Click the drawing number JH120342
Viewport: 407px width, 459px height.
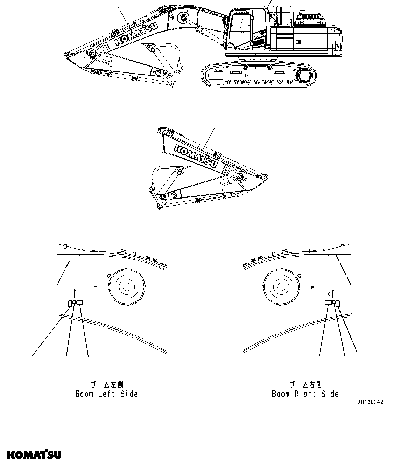[x=370, y=402]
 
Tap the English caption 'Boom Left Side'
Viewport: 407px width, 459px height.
[x=107, y=394]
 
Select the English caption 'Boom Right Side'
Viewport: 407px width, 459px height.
[x=305, y=394]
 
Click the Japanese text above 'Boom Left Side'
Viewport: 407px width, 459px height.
[x=107, y=385]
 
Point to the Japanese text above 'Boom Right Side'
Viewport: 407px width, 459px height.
[x=305, y=385]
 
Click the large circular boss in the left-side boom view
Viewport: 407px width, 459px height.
[x=126, y=287]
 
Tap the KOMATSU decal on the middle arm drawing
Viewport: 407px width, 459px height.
[x=196, y=156]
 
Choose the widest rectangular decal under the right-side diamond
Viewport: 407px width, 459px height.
[x=328, y=302]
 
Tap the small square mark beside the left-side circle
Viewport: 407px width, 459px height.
[x=96, y=287]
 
